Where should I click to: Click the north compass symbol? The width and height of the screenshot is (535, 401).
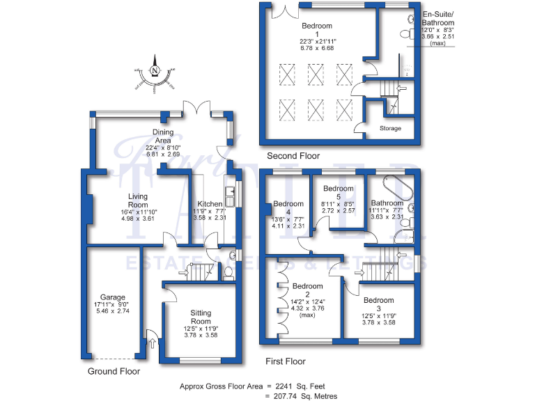coord(155,72)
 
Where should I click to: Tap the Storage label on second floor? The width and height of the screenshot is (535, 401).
coord(391,129)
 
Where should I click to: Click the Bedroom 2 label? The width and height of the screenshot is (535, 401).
coord(307,286)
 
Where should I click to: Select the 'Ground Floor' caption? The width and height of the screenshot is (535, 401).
coord(114,372)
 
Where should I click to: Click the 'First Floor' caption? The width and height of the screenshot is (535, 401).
coord(286,361)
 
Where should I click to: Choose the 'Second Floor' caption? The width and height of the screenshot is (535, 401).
coord(288,156)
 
